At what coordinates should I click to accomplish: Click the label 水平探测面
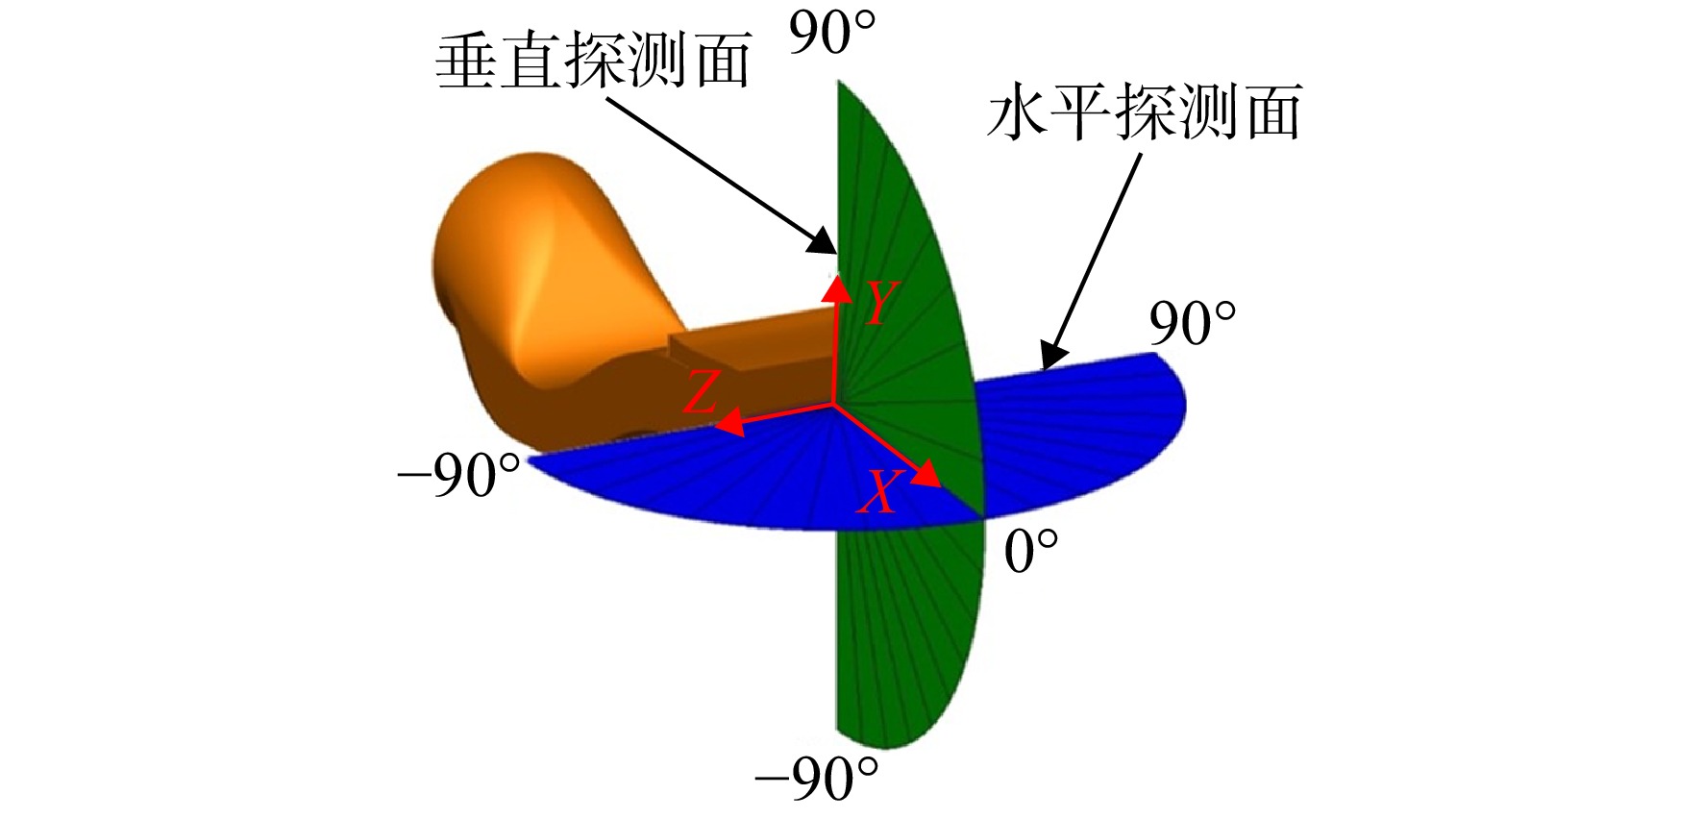pos(1145,112)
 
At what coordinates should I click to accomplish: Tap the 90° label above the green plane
pos(832,34)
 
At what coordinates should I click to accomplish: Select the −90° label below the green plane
pos(817,779)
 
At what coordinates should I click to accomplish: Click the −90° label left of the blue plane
pos(459,475)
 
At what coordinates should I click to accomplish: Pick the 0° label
pos(1031,553)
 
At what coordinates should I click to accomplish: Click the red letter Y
pos(880,303)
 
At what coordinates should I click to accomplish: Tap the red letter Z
pos(702,393)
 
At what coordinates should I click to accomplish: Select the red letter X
pos(877,492)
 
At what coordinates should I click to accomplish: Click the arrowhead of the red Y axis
pos(837,288)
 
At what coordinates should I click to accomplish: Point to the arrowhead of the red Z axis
pos(729,421)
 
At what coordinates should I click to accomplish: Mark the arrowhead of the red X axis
pos(926,473)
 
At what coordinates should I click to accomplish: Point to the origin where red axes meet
pos(833,406)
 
